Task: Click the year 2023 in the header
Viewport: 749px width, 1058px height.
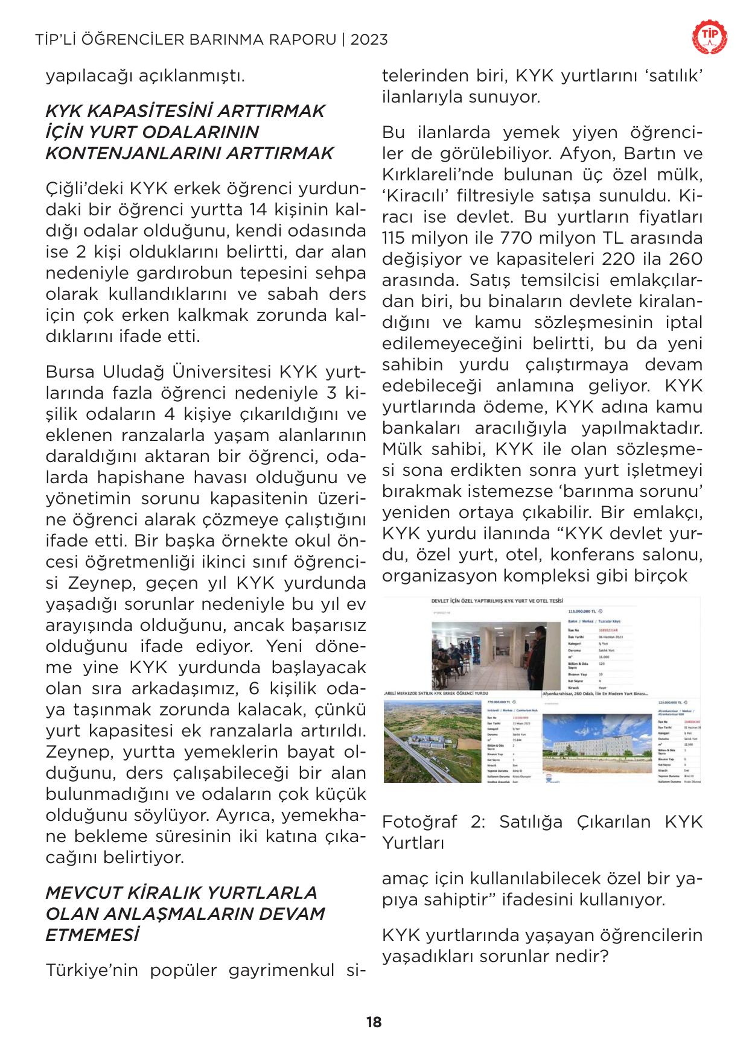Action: click(368, 40)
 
